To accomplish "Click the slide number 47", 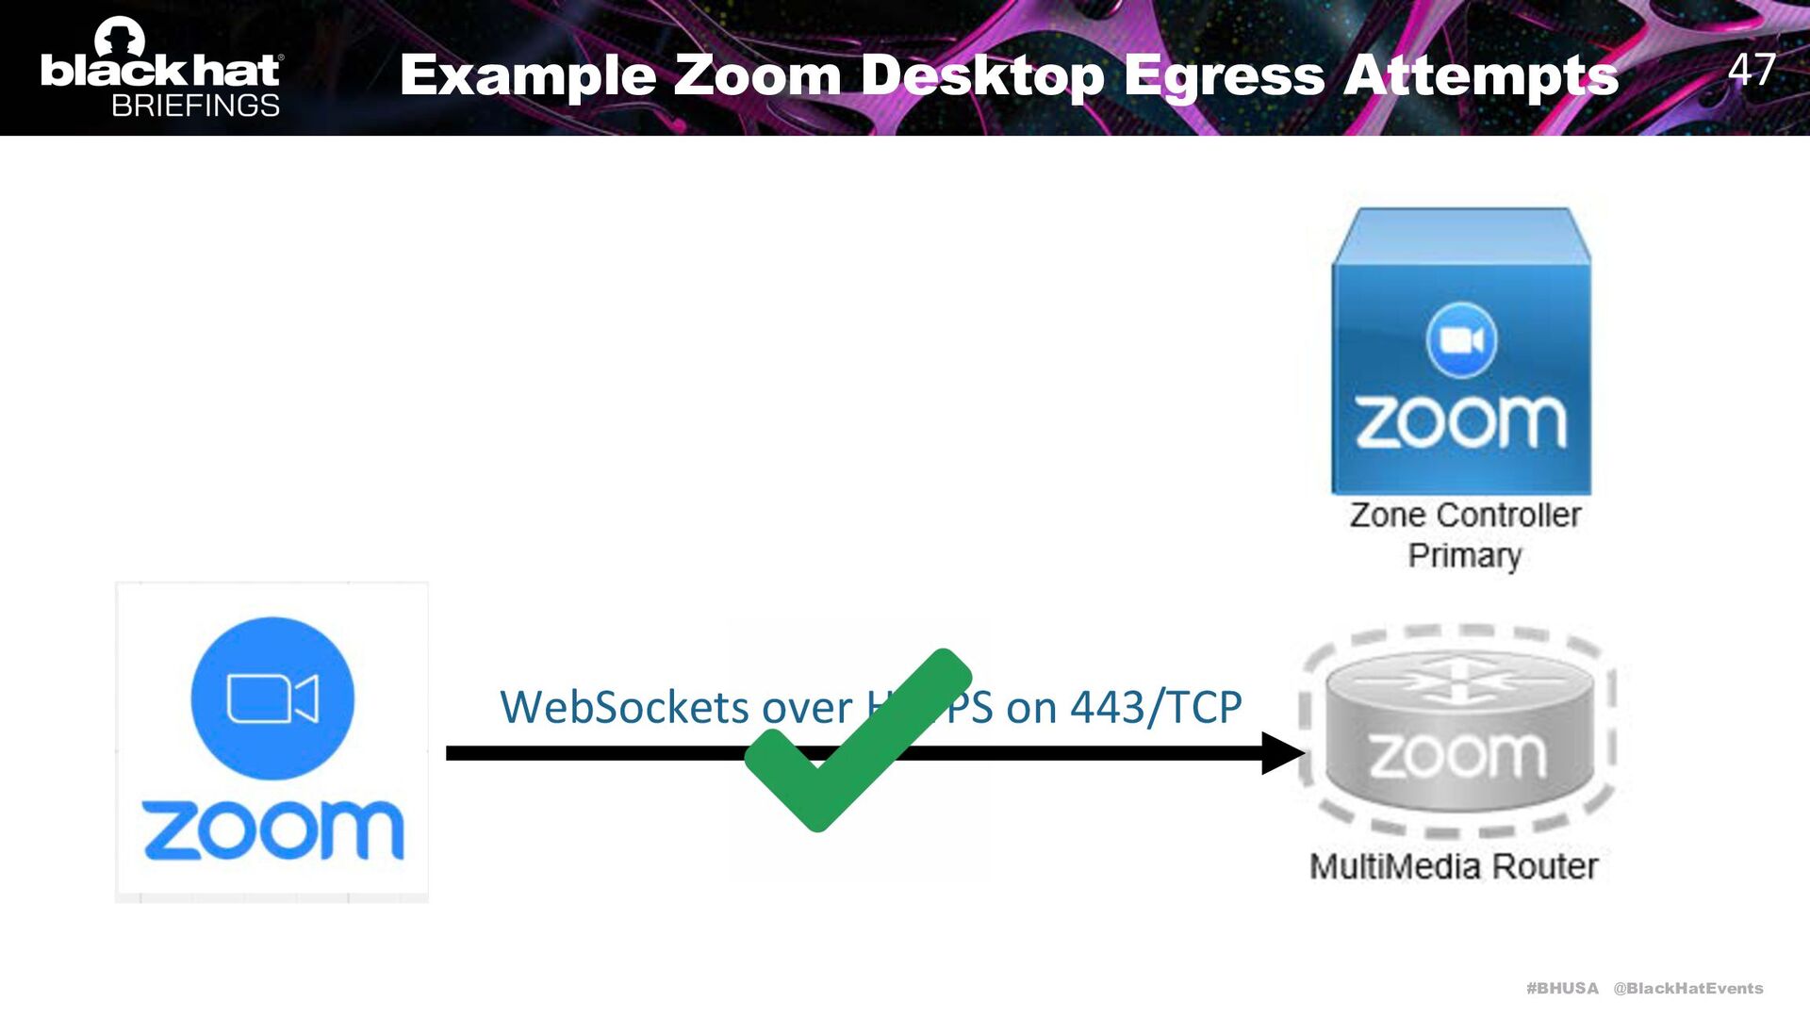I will click(x=1752, y=70).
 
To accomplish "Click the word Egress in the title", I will click(x=1225, y=75).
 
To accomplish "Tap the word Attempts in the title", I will click(x=1481, y=74).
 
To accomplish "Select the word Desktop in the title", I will click(x=982, y=75).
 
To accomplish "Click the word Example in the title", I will click(x=528, y=75).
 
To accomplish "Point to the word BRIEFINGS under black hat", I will click(x=195, y=106).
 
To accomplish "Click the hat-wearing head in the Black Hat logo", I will click(x=120, y=38).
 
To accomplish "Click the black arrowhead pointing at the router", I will click(x=1282, y=753).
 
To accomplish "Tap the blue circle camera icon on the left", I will click(x=272, y=698).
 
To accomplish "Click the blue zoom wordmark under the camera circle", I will click(x=272, y=830).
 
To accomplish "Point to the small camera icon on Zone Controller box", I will click(x=1461, y=339).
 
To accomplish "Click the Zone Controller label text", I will click(x=1465, y=516).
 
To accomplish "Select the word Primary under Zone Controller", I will click(x=1465, y=556).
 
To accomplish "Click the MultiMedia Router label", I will click(x=1454, y=866).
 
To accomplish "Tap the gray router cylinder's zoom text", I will click(x=1457, y=755).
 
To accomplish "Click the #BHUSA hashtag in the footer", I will click(x=1562, y=988).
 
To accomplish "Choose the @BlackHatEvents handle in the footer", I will click(x=1687, y=988).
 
